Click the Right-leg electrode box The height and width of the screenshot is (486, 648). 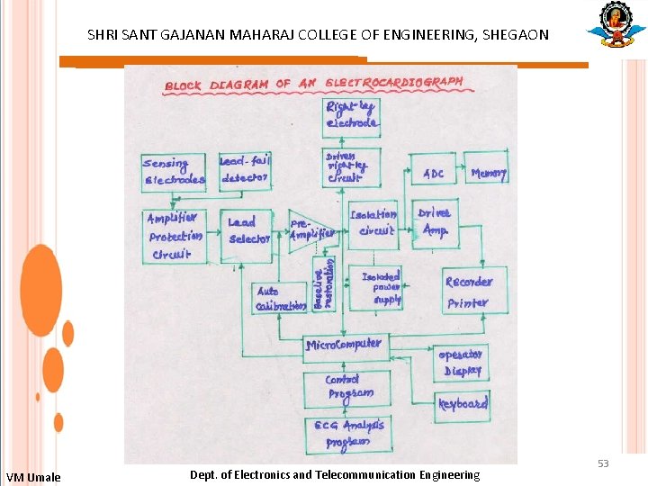tap(351, 116)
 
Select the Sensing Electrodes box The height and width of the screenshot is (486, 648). tap(174, 172)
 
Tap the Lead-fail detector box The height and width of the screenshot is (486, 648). tap(244, 169)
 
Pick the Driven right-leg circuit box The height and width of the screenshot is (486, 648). tap(351, 166)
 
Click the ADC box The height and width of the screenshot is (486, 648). tap(434, 173)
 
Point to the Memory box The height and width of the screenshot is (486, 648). tap(489, 173)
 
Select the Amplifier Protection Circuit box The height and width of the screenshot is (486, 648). tap(175, 236)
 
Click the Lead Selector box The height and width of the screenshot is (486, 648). tap(247, 230)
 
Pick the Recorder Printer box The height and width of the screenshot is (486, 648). tap(468, 291)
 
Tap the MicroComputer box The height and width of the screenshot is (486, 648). tap(343, 345)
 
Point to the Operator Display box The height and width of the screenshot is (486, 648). tap(462, 362)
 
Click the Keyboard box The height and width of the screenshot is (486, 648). tap(463, 404)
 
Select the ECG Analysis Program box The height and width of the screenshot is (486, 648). tap(348, 433)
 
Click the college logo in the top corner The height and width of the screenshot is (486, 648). tap(616, 26)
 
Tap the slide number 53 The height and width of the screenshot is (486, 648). tap(603, 463)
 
